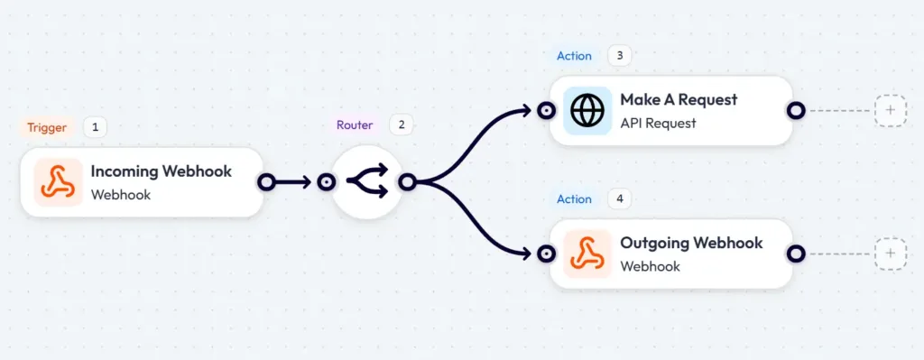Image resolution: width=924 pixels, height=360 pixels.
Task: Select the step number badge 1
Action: click(95, 127)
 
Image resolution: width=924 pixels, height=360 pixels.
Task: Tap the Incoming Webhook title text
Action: click(161, 171)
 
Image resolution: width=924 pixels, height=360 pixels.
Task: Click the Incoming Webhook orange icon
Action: click(58, 182)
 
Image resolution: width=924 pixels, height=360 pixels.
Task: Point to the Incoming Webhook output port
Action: click(266, 182)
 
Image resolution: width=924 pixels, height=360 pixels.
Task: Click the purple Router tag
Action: click(355, 125)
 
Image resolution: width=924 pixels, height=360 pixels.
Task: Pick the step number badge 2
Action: click(402, 125)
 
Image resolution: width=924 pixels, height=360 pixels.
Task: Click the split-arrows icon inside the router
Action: click(367, 182)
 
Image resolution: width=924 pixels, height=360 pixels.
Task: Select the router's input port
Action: click(327, 182)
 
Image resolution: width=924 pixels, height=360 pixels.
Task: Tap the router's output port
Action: click(407, 182)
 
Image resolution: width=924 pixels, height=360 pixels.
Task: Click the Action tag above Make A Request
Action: click(574, 55)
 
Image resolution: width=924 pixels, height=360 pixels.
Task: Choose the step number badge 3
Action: click(619, 55)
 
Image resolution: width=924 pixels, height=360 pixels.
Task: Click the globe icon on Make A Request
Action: click(587, 111)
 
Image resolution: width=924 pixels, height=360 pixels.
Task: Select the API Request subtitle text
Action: click(658, 123)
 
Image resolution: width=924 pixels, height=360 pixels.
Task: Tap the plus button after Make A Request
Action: click(890, 110)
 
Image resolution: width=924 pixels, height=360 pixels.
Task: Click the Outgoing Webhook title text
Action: click(691, 243)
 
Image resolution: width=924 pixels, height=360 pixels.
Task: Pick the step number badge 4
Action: click(619, 198)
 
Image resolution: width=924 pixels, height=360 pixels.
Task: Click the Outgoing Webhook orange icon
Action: click(587, 254)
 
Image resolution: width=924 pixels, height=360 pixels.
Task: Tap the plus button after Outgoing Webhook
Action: click(890, 254)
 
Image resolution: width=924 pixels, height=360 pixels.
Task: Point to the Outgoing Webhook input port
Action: click(545, 254)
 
